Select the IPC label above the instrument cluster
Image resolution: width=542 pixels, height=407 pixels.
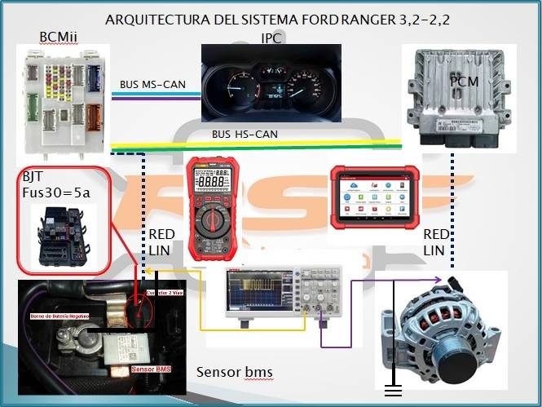(271, 38)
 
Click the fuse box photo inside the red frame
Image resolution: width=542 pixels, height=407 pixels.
(64, 237)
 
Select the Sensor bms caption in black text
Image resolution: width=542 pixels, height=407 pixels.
(234, 372)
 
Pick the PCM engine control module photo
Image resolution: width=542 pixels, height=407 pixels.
(454, 97)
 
